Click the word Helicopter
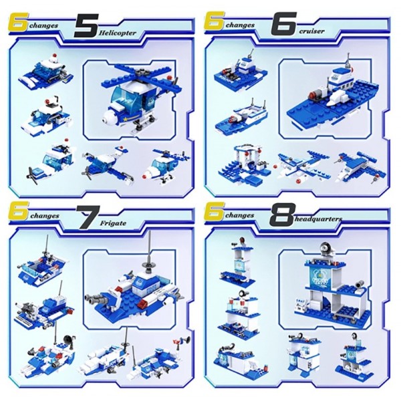pyautogui.click(x=118, y=33)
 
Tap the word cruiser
pyautogui.click(x=311, y=31)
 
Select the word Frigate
pyautogui.click(x=113, y=223)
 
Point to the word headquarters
pyautogui.click(x=319, y=219)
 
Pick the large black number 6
pyautogui.click(x=284, y=23)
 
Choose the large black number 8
pyautogui.click(x=281, y=214)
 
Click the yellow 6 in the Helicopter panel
pyautogui.click(x=19, y=23)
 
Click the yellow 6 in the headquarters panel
pyautogui.click(x=215, y=211)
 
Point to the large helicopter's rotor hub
pyautogui.click(x=140, y=73)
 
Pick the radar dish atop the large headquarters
pyautogui.click(x=325, y=248)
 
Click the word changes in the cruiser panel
pyautogui.click(x=240, y=25)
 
